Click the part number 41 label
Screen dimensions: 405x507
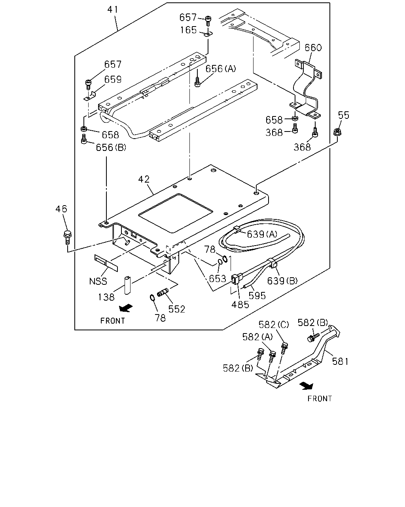(x=113, y=10)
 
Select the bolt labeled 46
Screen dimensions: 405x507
(x=67, y=238)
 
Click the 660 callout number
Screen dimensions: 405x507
(x=313, y=48)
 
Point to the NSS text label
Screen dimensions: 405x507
(x=98, y=281)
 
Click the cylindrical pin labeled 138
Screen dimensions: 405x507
(x=127, y=285)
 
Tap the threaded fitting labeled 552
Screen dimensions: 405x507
(x=163, y=292)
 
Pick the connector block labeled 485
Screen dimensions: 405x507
(x=236, y=279)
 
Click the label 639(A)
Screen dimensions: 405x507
(x=262, y=234)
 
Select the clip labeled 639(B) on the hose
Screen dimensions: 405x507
(x=272, y=263)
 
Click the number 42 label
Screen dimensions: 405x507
(x=144, y=179)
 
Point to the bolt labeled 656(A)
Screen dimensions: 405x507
(x=197, y=82)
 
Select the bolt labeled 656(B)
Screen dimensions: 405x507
(x=84, y=139)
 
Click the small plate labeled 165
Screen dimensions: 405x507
(x=208, y=35)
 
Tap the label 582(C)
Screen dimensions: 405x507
(x=274, y=325)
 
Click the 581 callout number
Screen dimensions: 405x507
(x=340, y=361)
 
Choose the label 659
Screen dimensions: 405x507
(x=113, y=80)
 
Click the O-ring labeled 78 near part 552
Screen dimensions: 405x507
(x=152, y=297)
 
